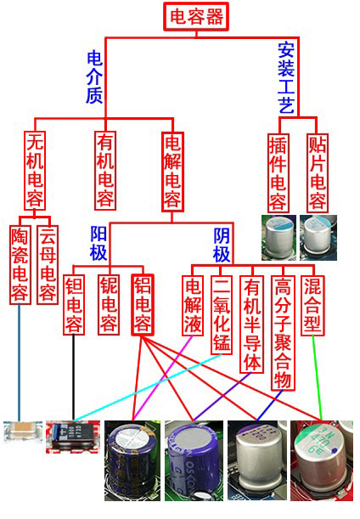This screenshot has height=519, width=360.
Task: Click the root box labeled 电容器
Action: pos(196,16)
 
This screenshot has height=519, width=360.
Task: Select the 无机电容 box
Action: pos(35,171)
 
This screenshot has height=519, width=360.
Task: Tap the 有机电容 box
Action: pos(105,171)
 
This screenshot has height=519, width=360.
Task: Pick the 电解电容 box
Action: pos(172,172)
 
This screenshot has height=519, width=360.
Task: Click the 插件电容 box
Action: pos(278,172)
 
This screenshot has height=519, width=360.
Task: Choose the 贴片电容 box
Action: pos(318,172)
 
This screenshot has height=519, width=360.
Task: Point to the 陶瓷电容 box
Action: pos(20,264)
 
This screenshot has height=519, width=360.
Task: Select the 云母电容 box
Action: pos(47,264)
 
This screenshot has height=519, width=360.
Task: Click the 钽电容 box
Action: pos(74,304)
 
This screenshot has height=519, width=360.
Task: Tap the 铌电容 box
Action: pos(109,304)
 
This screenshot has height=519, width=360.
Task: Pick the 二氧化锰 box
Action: pos(222,314)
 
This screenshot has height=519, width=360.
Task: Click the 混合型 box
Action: pos(312,305)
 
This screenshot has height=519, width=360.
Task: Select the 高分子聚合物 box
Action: pos(283,333)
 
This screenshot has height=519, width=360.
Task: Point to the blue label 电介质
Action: pos(94,76)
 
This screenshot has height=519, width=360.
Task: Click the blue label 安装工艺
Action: pos(286,78)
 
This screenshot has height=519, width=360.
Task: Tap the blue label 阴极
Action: pos(222,245)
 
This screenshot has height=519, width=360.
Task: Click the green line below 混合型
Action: pos(317,378)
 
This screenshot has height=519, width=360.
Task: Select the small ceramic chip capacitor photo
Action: pos(23,432)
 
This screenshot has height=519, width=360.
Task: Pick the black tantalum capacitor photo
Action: pos(72,437)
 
